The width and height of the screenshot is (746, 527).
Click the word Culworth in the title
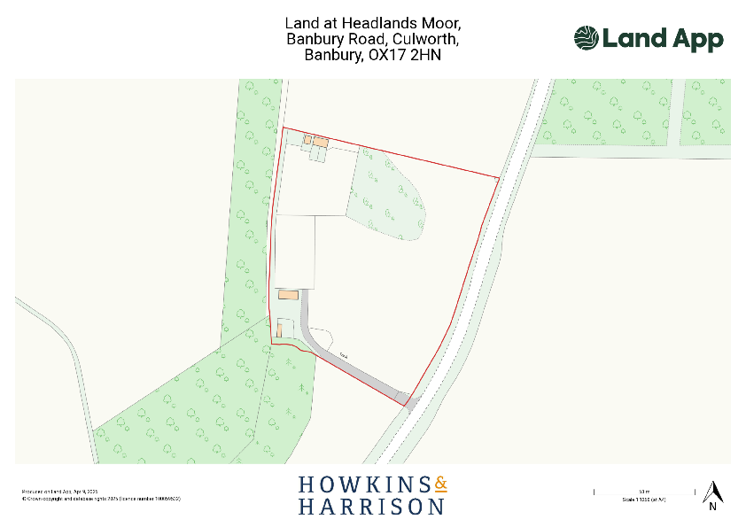(424, 39)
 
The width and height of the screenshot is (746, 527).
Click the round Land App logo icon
(587, 38)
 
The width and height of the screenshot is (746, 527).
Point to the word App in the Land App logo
(695, 39)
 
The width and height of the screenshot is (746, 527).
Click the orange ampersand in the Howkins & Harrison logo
(441, 484)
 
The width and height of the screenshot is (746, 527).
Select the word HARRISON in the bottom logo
(371, 507)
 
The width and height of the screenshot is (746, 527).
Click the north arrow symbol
(711, 490)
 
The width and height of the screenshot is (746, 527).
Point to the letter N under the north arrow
(711, 507)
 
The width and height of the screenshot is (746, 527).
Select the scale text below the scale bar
(643, 500)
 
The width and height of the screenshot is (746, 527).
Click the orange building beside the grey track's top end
(289, 295)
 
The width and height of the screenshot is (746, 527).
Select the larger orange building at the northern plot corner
(320, 141)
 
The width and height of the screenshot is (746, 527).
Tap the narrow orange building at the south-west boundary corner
(279, 329)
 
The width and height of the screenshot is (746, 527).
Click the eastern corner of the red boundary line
(499, 178)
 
